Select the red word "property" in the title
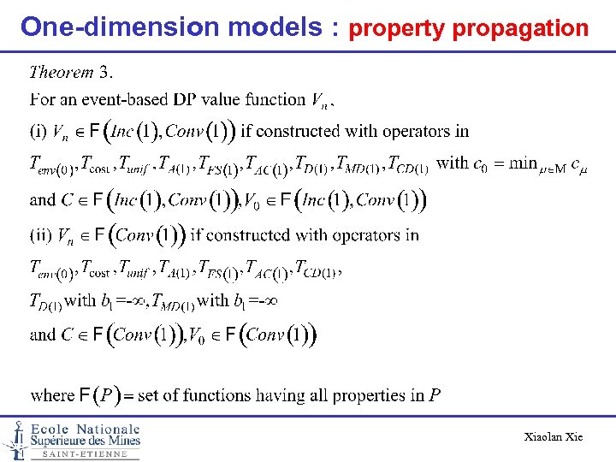pos(398,29)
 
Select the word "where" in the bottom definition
pos(52,395)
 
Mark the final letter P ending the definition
pos(435,395)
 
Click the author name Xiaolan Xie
pos(553,437)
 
